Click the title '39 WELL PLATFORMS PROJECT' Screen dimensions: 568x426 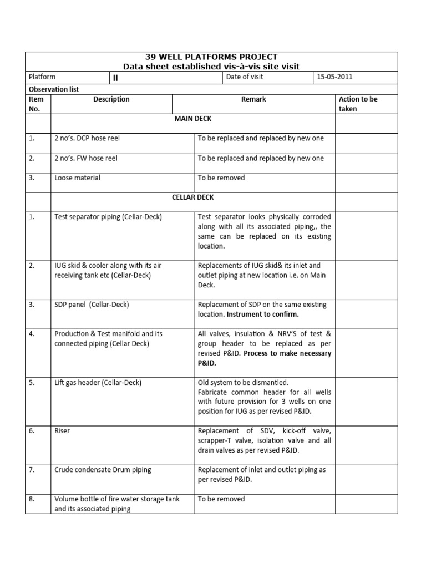211,57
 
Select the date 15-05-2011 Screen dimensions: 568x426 334,77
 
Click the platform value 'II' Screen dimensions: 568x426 115,78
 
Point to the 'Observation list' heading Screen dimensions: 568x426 53,89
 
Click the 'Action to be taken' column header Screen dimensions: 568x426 358,104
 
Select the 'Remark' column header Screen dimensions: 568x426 253,99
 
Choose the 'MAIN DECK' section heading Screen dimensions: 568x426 193,119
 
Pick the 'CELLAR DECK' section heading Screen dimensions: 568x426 193,197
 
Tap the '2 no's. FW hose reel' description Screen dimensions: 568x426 86,158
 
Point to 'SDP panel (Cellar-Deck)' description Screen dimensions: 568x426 92,305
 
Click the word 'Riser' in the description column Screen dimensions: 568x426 62,431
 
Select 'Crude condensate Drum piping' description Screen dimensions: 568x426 103,470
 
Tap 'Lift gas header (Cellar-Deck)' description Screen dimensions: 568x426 98,383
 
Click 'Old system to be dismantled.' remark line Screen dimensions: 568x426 244,383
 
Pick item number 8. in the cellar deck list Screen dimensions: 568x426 32,499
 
